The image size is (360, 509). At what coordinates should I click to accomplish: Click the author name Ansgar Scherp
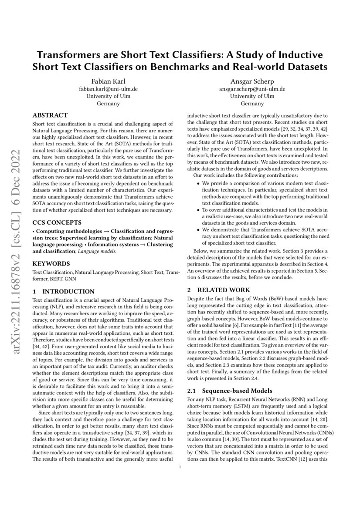click(252, 81)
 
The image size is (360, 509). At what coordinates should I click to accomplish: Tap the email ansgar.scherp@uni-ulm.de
click(252, 89)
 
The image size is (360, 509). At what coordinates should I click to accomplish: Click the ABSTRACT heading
click(50, 115)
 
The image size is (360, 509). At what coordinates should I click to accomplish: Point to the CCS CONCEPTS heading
click(57, 222)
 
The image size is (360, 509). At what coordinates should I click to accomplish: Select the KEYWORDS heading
click(51, 264)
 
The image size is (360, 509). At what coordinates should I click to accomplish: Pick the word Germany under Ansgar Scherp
click(252, 104)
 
